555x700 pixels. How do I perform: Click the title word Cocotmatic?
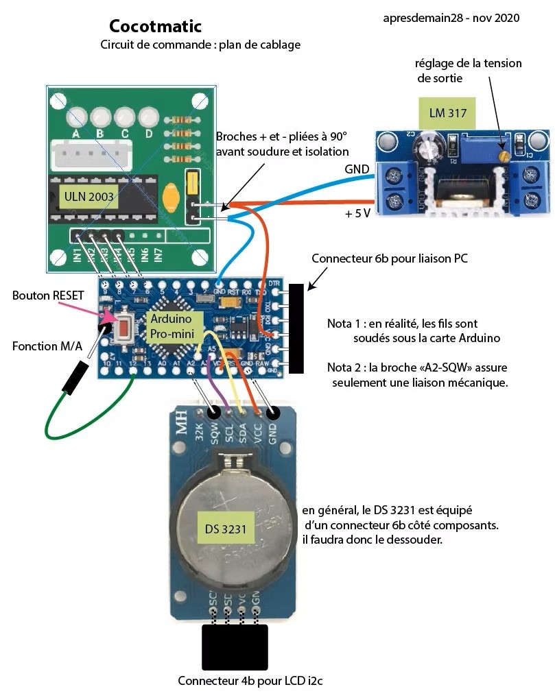[x=155, y=27]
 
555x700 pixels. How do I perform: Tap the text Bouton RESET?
[x=48, y=295]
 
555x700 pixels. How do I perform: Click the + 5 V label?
[x=357, y=213]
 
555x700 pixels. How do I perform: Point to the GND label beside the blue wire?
[x=357, y=169]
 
